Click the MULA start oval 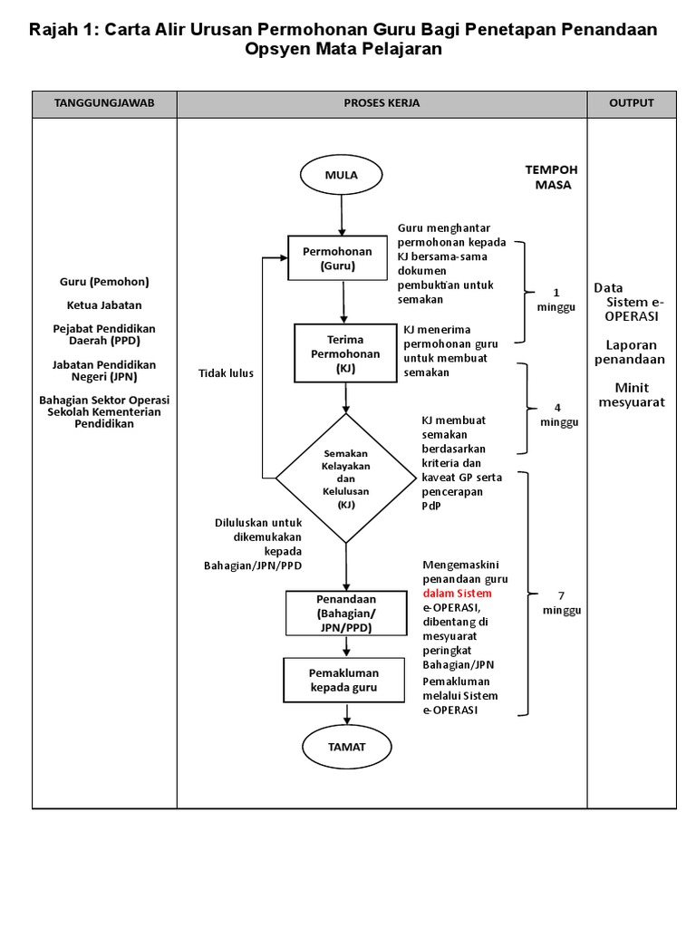point(342,176)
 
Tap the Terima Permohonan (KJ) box point(345,353)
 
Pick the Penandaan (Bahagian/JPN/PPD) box point(345,613)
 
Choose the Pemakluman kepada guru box point(345,680)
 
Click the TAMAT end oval point(346,747)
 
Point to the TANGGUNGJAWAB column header point(105,103)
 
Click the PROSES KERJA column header point(382,103)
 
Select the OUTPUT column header point(632,103)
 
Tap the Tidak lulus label point(227,373)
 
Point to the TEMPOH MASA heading point(552,177)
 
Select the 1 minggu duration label point(556,300)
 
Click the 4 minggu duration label point(558,415)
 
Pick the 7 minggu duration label point(562,603)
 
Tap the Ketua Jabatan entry point(104,304)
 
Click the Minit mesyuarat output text point(632,394)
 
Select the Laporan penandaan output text point(632,352)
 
